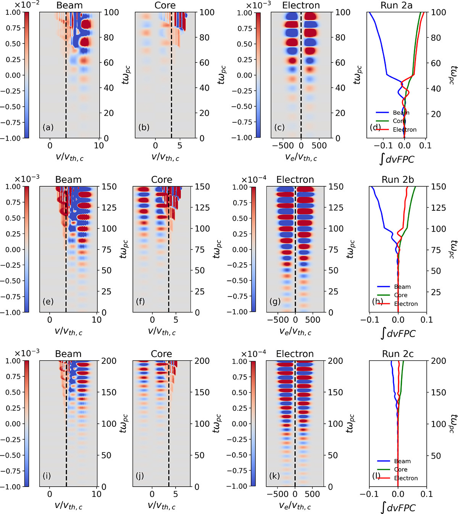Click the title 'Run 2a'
click(397, 5)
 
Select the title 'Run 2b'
click(398, 179)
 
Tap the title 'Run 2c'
click(398, 354)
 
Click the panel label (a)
click(48, 127)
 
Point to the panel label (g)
click(275, 301)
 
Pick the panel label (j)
click(140, 476)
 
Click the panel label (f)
click(140, 301)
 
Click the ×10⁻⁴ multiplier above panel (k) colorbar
click(253, 354)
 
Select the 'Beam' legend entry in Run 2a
click(401, 113)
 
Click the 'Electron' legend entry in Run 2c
click(406, 478)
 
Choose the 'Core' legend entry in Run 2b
click(400, 295)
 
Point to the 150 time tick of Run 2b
click(439, 187)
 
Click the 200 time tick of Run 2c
click(439, 361)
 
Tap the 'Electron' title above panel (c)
click(301, 5)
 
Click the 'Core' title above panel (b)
click(165, 5)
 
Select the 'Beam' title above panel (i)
click(68, 354)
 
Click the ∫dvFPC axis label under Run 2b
click(398, 333)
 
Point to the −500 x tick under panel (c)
click(283, 146)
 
